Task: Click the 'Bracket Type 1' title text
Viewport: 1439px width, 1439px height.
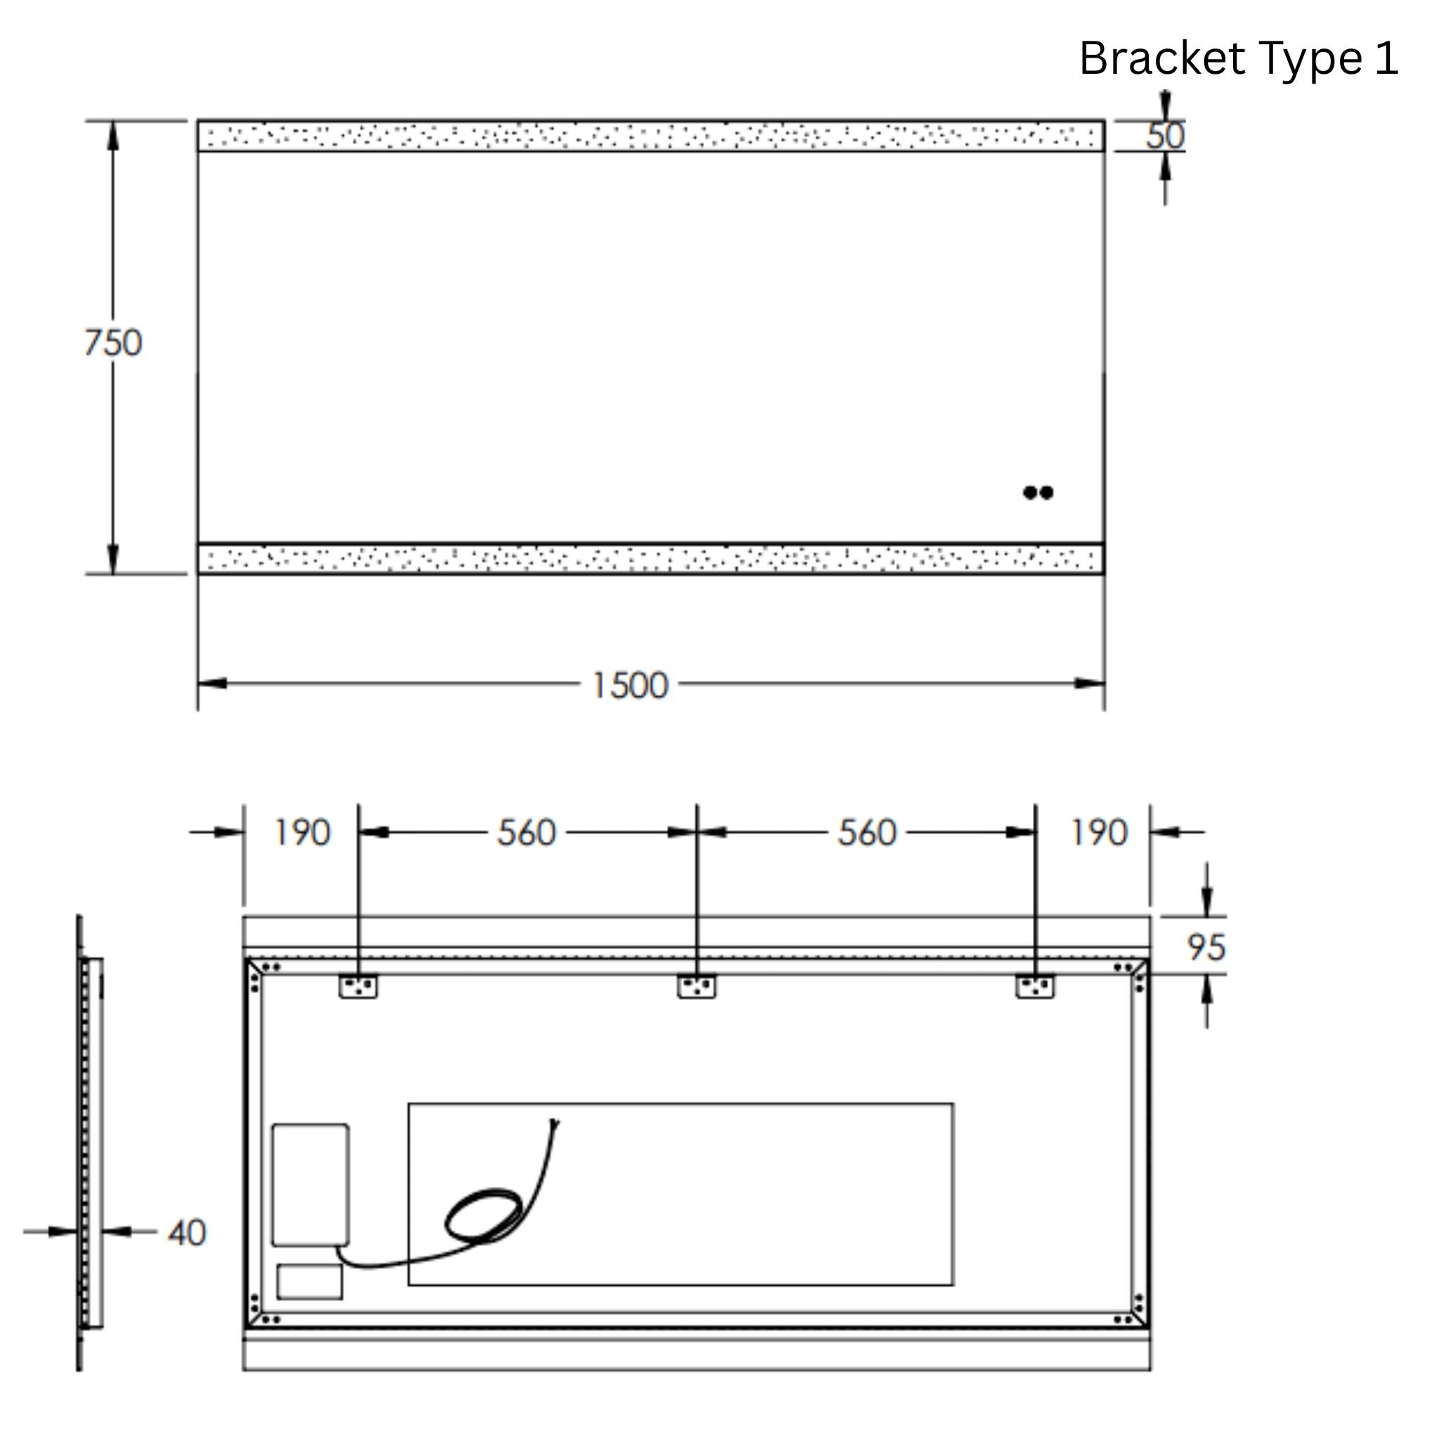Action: [1238, 59]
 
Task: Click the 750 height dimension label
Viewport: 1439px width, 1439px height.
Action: [112, 344]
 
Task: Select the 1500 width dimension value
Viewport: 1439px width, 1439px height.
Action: [630, 685]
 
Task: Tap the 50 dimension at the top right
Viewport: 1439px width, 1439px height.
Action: [1165, 136]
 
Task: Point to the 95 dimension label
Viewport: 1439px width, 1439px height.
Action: [1206, 948]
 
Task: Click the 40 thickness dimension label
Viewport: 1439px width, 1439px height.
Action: [186, 1233]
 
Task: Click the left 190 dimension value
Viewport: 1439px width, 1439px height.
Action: [301, 833]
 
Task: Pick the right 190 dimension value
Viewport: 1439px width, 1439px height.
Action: [1100, 833]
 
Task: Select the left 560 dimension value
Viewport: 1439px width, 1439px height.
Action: [526, 833]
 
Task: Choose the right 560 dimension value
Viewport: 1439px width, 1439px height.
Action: [867, 833]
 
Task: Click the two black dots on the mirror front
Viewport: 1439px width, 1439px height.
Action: [1038, 493]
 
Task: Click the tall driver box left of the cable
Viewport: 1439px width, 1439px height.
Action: [310, 1184]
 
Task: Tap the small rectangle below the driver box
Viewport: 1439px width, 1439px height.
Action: [309, 1281]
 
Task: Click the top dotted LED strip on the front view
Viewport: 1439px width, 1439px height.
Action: [650, 136]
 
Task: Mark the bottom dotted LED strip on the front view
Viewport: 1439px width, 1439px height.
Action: [650, 559]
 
